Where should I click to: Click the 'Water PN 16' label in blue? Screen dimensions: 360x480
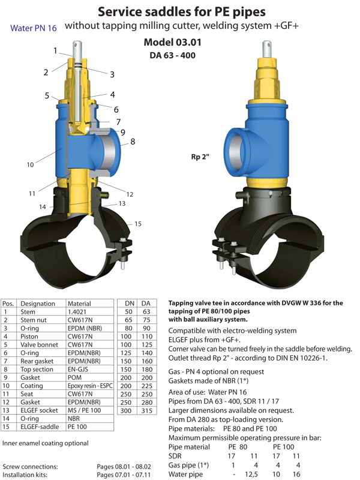pyautogui.click(x=34, y=28)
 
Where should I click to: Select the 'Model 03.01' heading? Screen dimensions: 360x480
pyautogui.click(x=173, y=42)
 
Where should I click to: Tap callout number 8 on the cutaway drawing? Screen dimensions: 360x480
pyautogui.click(x=133, y=142)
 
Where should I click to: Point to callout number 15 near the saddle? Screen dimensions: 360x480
pyautogui.click(x=138, y=224)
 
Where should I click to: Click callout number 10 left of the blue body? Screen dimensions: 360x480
pyautogui.click(x=30, y=164)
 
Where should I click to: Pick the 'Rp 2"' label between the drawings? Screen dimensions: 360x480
pyautogui.click(x=200, y=157)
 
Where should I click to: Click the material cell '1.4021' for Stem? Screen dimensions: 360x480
pyautogui.click(x=77, y=311)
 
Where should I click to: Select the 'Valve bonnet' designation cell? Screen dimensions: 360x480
pyautogui.click(x=39, y=344)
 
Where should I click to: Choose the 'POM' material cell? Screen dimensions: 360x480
pyautogui.click(x=74, y=377)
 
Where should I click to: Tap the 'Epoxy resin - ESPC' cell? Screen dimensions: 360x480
pyautogui.click(x=90, y=386)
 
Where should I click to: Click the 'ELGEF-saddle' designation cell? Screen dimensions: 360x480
pyautogui.click(x=40, y=427)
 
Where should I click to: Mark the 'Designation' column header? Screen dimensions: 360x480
pyautogui.click(x=38, y=304)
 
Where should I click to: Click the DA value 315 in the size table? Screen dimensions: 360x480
pyautogui.click(x=146, y=410)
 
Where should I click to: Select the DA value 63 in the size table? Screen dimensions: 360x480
pyautogui.click(x=146, y=311)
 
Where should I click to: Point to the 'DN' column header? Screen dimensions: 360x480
pyautogui.click(x=130, y=304)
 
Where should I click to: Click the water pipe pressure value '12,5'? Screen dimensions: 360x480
pyautogui.click(x=251, y=474)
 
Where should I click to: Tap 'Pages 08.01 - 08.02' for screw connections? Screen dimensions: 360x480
pyautogui.click(x=124, y=467)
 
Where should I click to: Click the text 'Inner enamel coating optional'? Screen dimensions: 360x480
pyautogui.click(x=46, y=443)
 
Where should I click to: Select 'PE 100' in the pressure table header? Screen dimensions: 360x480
pyautogui.click(x=283, y=447)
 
